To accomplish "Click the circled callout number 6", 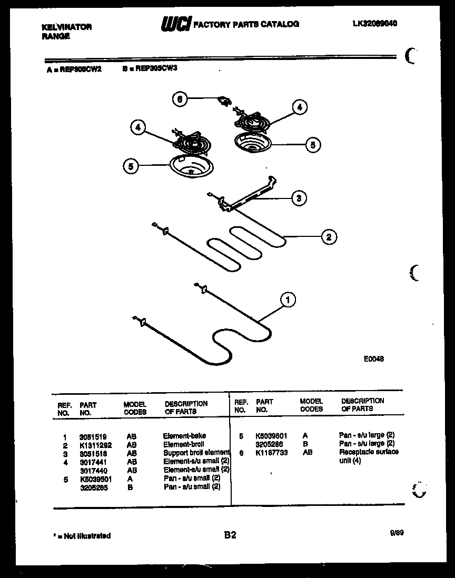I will pos(180,99).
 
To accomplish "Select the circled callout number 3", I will pos(299,198).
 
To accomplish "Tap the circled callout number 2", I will pos(329,237).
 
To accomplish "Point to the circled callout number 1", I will pos(288,300).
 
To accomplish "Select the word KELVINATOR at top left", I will pos(66,27).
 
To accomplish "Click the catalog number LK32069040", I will pos(375,24).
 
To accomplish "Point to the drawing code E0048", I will pos(373,359).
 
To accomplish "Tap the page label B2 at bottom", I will pos(230,535).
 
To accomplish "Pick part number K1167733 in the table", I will pos(272,452).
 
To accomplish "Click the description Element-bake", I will pos(184,436).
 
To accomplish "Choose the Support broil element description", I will pos(196,453).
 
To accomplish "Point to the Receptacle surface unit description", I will pos(369,456).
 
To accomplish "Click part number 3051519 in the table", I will pos(93,436).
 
